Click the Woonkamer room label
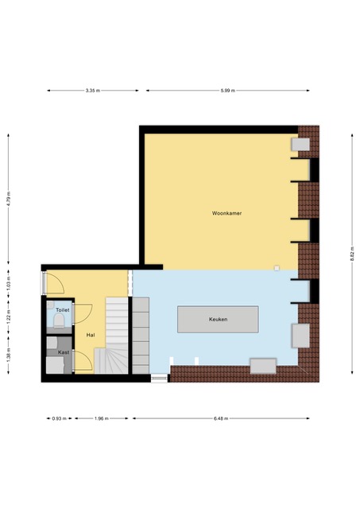click(226, 213)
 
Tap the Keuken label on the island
click(218, 320)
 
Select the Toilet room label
click(62, 310)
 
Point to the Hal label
click(91, 335)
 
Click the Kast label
click(64, 352)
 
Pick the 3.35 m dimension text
click(93, 91)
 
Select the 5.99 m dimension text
click(227, 91)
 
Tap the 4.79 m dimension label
click(9, 199)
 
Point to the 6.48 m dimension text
click(221, 418)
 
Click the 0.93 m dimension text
click(60, 418)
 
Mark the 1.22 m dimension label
click(9, 317)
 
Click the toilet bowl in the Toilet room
click(59, 321)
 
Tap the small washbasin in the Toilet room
click(50, 305)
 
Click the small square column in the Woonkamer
click(277, 268)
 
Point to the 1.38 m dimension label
click(9, 356)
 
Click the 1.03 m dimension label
click(9, 283)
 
